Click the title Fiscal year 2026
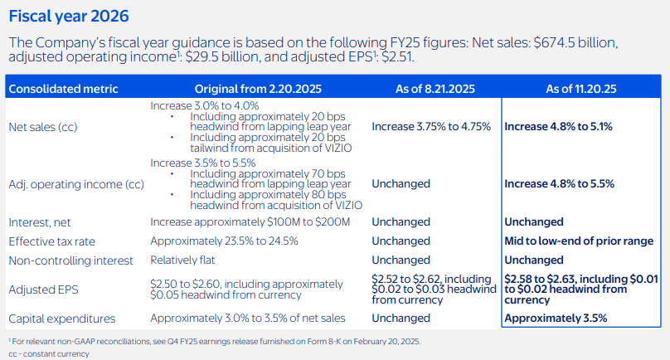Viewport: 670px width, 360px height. [69, 17]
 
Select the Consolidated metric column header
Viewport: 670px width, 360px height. [63, 89]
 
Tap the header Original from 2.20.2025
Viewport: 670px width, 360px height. [258, 89]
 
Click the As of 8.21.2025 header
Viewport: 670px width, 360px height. [435, 89]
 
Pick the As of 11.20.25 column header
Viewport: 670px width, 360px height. [581, 89]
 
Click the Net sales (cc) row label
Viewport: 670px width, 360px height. [43, 127]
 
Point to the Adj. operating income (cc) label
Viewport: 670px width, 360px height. [76, 184]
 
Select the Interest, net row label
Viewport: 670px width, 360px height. [39, 222]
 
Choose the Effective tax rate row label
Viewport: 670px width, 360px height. [51, 241]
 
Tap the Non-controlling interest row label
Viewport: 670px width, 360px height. [71, 260]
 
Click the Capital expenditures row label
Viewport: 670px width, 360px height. [62, 319]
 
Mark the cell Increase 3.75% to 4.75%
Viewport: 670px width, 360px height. [431, 127]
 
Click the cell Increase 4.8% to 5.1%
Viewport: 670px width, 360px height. [558, 127]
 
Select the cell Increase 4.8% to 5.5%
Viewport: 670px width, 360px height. [560, 184]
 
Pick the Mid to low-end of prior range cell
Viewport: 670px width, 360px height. [579, 241]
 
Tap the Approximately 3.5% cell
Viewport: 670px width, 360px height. [556, 319]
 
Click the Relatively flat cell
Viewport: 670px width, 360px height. [182, 260]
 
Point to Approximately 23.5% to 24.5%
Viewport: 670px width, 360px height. [224, 241]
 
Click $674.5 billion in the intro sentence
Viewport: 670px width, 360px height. [575, 43]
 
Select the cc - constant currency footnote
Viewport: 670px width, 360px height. [49, 354]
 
